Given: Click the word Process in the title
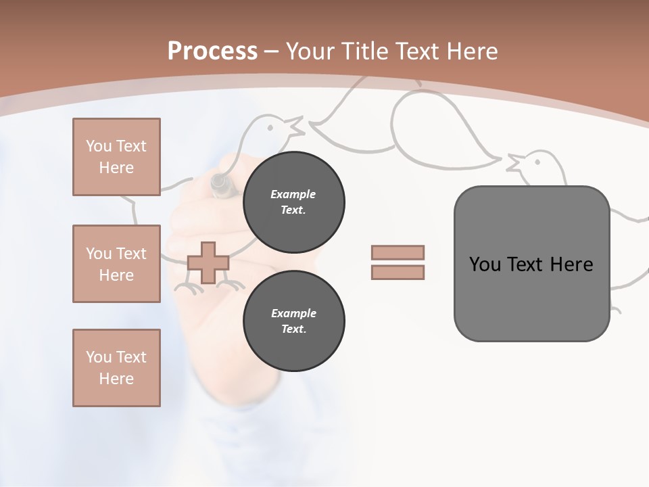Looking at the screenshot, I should (212, 51).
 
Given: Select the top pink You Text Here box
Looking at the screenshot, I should (116, 157).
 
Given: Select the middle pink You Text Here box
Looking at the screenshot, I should (116, 264).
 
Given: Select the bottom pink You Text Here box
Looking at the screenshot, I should (116, 368).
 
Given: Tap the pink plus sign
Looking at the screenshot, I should (208, 262).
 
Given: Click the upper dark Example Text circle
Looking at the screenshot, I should (293, 202).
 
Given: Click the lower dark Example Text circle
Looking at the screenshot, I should (293, 321).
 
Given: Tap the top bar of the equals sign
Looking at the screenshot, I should (398, 252).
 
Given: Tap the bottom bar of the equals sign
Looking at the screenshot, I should (398, 272).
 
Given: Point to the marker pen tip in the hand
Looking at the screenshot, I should (219, 182).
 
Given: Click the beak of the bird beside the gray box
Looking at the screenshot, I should (513, 162).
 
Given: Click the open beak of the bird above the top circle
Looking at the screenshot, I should (296, 125).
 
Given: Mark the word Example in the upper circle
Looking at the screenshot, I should (293, 194).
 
